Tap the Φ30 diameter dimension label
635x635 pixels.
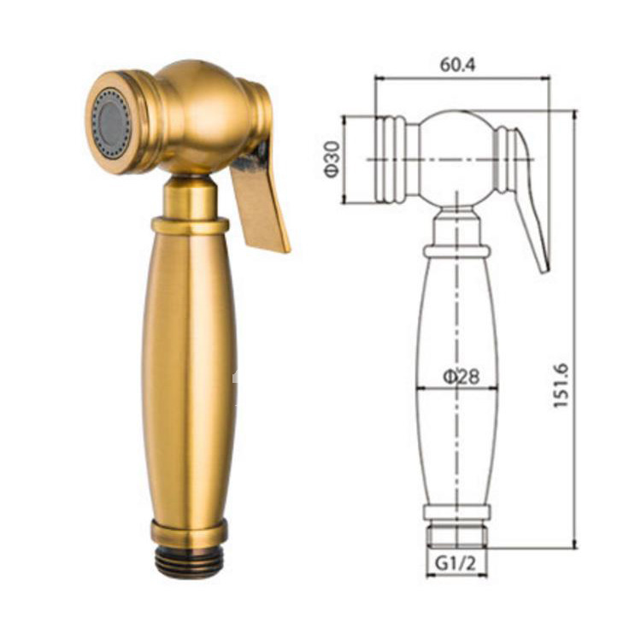tap(332, 159)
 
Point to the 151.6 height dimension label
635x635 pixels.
tap(561, 384)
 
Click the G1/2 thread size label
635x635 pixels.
tap(456, 564)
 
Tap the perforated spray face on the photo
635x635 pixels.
tap(111, 124)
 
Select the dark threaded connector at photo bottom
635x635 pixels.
tap(189, 561)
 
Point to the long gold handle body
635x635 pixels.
tap(189, 376)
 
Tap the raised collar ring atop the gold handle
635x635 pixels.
tap(190, 226)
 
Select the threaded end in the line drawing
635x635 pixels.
tap(456, 537)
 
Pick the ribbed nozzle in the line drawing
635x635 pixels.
tap(390, 160)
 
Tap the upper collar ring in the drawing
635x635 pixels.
tap(457, 251)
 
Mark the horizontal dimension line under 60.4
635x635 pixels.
tap(462, 79)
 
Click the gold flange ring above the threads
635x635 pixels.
tap(189, 532)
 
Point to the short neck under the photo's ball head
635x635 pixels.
tap(190, 197)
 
